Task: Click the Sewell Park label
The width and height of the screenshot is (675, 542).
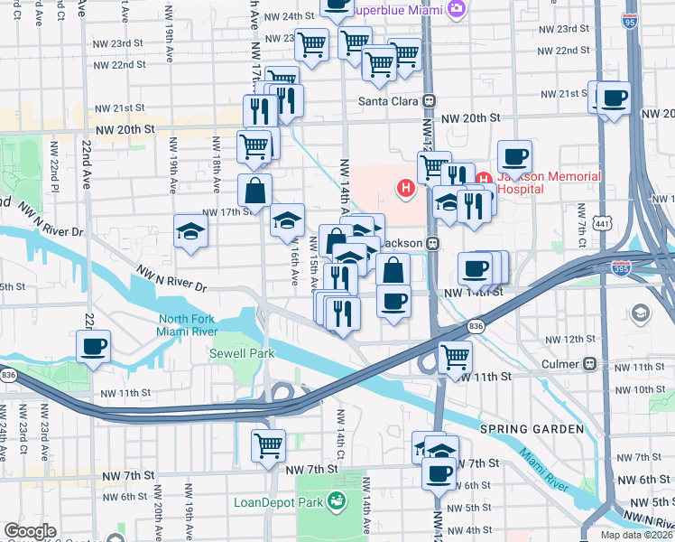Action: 241,353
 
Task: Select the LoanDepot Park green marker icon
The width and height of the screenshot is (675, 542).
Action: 337,500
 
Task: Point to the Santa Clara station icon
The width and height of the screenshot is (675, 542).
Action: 430,101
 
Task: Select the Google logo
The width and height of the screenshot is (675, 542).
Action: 30,530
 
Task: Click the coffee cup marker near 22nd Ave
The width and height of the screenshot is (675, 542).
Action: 93,347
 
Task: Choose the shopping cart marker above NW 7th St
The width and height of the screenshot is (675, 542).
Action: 269,445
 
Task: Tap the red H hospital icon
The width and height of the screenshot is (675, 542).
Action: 406,188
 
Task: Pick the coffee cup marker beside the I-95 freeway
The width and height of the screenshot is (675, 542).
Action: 615,98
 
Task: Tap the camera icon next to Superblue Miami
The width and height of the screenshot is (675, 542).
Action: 457,9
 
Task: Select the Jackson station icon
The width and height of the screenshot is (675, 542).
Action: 432,244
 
